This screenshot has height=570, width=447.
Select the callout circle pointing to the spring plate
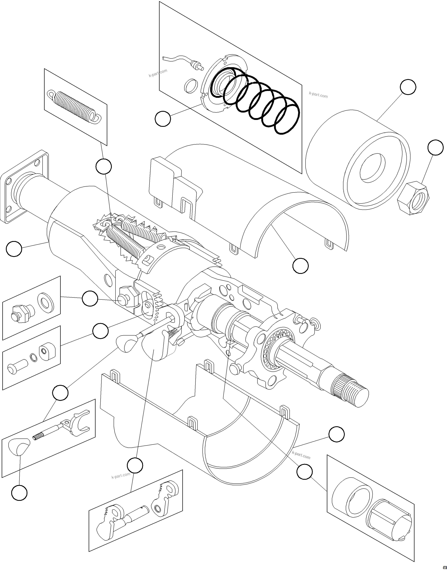[x=163, y=119]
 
